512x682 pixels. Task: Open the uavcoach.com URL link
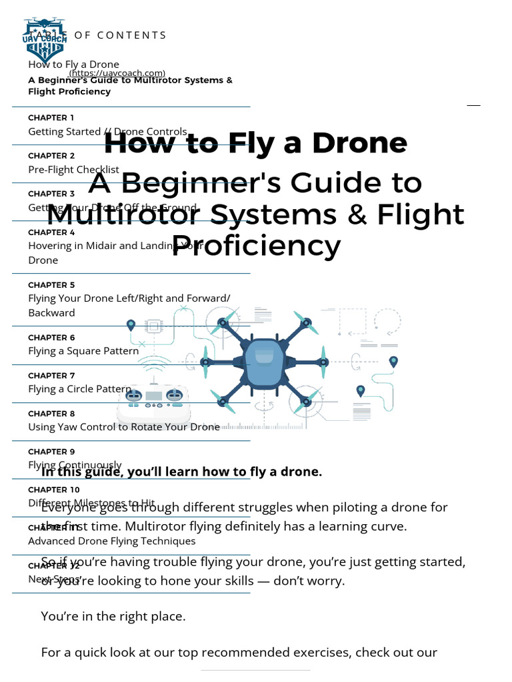(117, 73)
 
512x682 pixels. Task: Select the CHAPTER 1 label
(51, 117)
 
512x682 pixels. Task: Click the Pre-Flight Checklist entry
(73, 169)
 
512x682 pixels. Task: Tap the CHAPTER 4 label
(51, 232)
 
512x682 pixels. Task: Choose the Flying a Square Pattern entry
(83, 350)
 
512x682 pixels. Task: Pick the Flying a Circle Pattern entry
(79, 388)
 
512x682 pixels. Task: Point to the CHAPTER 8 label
(51, 414)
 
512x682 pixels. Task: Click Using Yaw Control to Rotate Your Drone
(123, 426)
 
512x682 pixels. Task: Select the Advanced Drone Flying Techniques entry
(111, 540)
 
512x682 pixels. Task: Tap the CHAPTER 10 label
(53, 490)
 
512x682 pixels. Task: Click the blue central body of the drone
(263, 363)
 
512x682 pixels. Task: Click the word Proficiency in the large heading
(256, 246)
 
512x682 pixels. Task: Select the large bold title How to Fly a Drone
(256, 143)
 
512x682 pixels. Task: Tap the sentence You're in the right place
(113, 616)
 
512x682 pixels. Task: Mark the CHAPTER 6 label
(51, 338)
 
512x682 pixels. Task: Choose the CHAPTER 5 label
(51, 285)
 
